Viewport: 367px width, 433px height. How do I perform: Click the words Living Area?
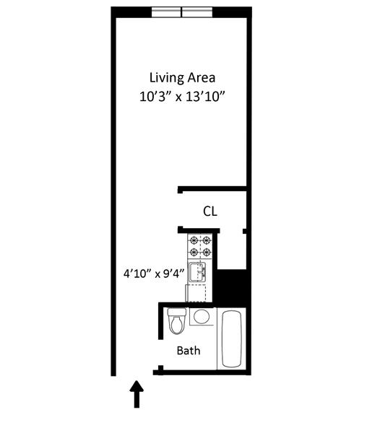(182, 77)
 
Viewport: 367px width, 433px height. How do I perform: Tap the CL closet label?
(210, 211)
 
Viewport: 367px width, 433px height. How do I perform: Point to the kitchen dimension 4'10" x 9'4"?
(155, 274)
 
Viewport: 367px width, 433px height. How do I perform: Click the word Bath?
(189, 351)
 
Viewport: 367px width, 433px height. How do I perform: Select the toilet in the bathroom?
(176, 323)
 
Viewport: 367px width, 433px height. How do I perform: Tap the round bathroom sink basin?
(202, 316)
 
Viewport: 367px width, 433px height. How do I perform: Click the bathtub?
(233, 338)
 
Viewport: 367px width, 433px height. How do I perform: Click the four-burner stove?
(199, 246)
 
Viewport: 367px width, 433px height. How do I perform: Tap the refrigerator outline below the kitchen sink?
(197, 293)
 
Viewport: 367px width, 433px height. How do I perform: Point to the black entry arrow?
(137, 395)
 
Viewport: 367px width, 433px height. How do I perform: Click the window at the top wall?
(181, 12)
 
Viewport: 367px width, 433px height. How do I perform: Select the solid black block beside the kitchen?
(233, 288)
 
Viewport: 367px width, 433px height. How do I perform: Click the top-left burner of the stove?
(193, 240)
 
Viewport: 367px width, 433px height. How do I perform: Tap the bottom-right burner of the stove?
(206, 252)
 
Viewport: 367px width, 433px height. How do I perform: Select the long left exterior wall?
(113, 195)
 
